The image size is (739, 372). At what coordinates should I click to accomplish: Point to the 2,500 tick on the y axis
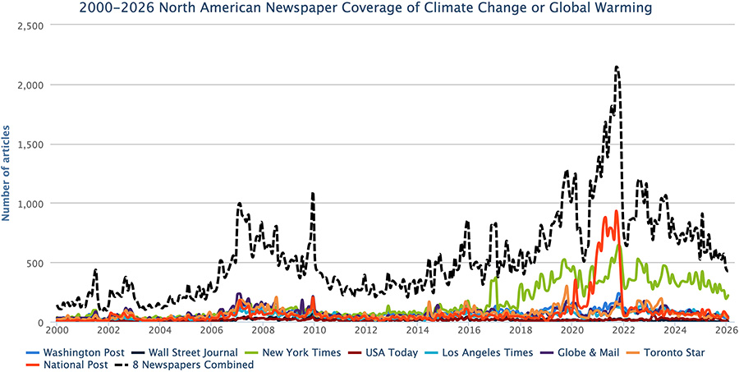click(30, 25)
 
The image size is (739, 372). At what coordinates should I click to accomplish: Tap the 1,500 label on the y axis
click(30, 145)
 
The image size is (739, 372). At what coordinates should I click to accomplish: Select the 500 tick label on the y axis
click(36, 264)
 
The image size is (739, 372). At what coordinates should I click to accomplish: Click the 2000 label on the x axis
click(57, 331)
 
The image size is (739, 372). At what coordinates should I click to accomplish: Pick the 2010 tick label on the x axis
click(315, 331)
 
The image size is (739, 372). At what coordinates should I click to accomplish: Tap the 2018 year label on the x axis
click(521, 331)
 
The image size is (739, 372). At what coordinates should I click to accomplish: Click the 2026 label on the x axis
click(727, 331)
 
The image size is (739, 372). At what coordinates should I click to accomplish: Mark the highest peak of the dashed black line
click(617, 67)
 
